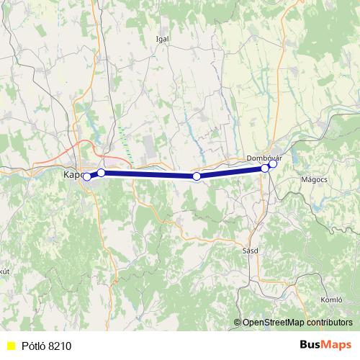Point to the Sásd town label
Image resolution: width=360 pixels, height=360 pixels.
tap(251, 251)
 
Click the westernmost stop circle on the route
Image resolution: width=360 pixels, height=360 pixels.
tap(86, 176)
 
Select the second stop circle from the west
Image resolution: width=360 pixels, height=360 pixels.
tap(102, 173)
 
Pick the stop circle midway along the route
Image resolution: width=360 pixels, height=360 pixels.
tap(197, 176)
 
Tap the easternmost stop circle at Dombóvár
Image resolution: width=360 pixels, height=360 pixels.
tap(273, 163)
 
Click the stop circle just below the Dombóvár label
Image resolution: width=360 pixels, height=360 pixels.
tap(264, 168)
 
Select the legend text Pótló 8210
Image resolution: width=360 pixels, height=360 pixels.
tap(46, 346)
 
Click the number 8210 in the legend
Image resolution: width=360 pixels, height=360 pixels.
tap(60, 346)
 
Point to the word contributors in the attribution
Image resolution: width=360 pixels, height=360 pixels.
tap(328, 323)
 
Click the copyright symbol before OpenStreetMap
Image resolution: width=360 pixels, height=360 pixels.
tap(238, 323)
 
